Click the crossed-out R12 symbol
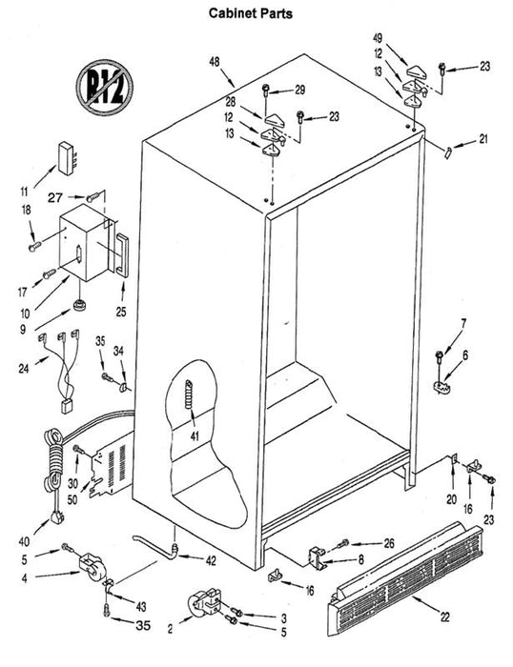coord(104,87)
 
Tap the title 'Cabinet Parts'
coord(251,13)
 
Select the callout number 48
coord(215,62)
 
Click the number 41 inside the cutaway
coord(195,436)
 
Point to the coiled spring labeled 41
coord(190,394)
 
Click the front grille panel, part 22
coord(404,578)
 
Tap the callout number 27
coord(55,197)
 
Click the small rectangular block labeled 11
coord(67,158)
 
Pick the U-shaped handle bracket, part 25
coord(121,254)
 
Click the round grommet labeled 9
coord(79,305)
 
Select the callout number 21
coord(483,139)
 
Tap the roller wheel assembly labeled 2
coord(204,601)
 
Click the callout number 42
coord(211,560)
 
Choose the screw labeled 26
coord(342,544)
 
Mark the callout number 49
coord(378,38)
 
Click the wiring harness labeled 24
coord(63,370)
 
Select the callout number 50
coord(72,499)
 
